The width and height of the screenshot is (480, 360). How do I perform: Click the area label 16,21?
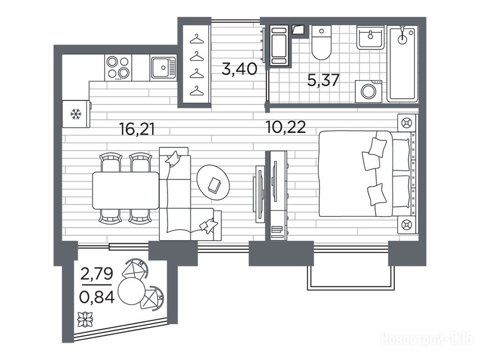click(137, 129)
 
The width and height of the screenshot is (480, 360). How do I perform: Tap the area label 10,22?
click(286, 127)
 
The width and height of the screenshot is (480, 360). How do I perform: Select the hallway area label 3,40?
click(240, 69)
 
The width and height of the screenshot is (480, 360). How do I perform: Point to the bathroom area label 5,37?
click(323, 81)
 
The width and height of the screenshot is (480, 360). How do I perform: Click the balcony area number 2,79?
click(97, 273)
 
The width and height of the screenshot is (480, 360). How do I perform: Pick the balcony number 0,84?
click(97, 296)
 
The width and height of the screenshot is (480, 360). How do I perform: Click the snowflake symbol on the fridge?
click(76, 114)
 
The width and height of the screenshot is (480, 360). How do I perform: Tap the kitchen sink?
click(164, 67)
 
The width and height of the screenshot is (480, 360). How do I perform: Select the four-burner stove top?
click(118, 67)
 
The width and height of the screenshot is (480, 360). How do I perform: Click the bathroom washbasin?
click(370, 37)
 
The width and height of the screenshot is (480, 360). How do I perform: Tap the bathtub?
click(402, 64)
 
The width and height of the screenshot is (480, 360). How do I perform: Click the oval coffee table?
click(213, 183)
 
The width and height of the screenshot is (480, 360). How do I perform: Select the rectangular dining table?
click(126, 190)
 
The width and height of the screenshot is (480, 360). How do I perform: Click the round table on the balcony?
click(131, 291)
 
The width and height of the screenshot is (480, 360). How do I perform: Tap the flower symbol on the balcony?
click(85, 319)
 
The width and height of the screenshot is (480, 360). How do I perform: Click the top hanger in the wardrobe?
click(196, 39)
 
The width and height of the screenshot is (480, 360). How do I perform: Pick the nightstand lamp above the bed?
click(406, 123)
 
